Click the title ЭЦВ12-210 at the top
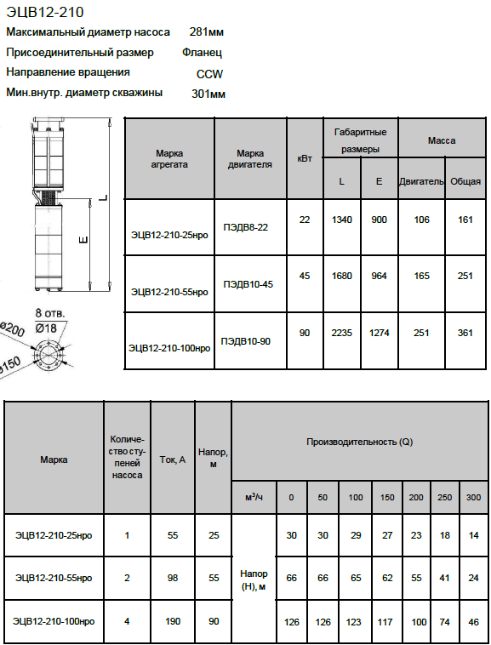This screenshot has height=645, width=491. coord(45,12)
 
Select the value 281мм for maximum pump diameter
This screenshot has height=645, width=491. coord(207,31)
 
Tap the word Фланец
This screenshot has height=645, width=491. coord(202,52)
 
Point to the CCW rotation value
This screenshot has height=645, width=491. coord(209,74)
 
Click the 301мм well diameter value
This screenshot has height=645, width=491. coord(208,94)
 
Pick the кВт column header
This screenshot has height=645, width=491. coord(305,158)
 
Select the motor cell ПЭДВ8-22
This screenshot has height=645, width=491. coord(245,227)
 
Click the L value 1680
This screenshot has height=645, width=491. coord(342,276)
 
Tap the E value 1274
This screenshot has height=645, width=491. coord(380,333)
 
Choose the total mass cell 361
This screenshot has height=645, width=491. coord(465,333)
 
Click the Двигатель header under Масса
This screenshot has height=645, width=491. coord(421,181)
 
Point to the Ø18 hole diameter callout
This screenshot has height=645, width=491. coord(46,328)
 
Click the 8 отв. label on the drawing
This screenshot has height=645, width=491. coord(49,313)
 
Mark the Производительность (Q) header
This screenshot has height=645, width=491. coord(360,442)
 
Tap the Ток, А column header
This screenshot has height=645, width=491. coord(173,459)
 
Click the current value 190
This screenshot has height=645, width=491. coord(173,621)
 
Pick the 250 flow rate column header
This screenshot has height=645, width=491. coord(444,497)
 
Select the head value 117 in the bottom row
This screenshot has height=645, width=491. coord(385,621)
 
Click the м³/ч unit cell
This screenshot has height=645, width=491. coord(254,497)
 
